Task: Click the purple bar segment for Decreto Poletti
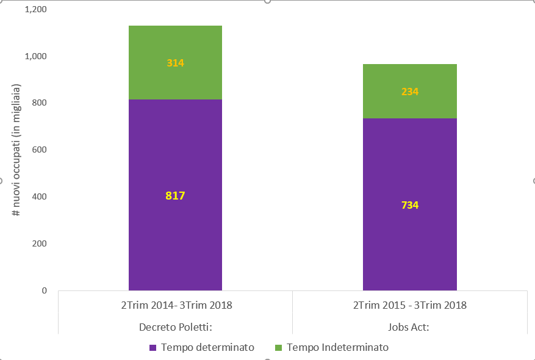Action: [175, 195]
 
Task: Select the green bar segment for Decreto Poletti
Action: [175, 62]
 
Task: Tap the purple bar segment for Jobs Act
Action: [410, 204]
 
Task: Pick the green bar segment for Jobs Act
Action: [410, 91]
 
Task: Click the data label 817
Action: [175, 195]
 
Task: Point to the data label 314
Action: [175, 63]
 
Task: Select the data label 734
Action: [410, 205]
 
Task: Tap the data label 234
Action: [410, 92]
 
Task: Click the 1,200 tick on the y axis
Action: [36, 9]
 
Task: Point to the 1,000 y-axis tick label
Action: [36, 56]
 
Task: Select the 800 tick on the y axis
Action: [40, 103]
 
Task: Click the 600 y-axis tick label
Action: [40, 150]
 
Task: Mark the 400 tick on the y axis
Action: [40, 196]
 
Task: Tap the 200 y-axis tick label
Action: [40, 243]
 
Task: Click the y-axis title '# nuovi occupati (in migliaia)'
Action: [16, 150]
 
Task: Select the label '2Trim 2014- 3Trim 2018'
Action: [177, 304]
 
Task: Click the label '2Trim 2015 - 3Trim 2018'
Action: [410, 304]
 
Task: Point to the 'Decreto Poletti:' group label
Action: [176, 327]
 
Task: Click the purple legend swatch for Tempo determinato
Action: [153, 348]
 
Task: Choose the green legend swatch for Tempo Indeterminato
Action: [278, 348]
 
